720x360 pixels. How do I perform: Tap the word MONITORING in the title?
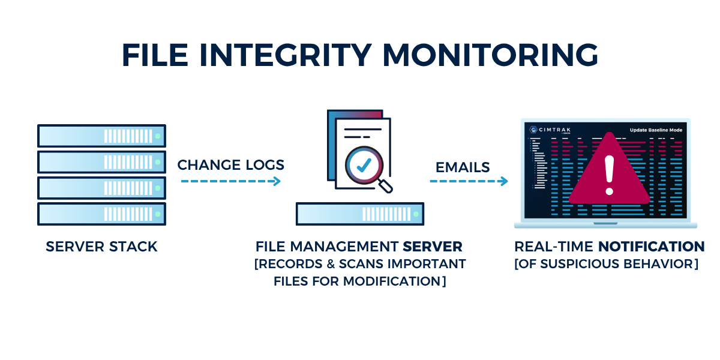pos(490,55)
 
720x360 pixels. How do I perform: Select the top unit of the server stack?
pos(101,136)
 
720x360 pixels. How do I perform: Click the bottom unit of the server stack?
pos(101,214)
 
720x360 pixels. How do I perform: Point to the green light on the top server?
pos(158,137)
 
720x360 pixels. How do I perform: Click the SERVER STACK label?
pos(101,247)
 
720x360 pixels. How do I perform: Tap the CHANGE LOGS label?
pos(230,165)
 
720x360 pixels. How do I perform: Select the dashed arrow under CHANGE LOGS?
pos(230,181)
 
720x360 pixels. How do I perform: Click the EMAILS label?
pos(463,167)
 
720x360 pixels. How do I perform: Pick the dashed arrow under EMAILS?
pos(469,181)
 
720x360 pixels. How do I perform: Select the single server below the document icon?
pos(360,214)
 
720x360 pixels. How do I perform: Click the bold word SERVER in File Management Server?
pos(432,247)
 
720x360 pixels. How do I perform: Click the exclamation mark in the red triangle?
pos(610,175)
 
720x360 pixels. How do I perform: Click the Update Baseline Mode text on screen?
pos(655,130)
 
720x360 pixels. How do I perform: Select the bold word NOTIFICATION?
pos(651,247)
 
